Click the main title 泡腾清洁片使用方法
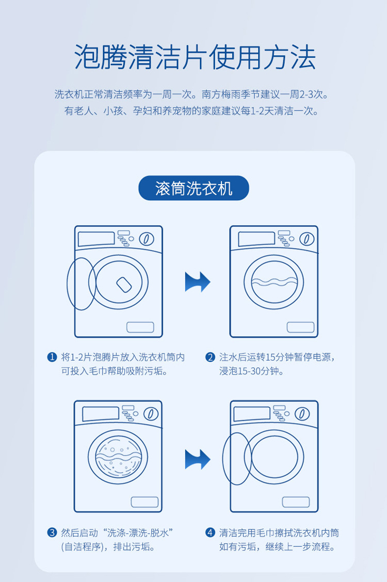point(195,57)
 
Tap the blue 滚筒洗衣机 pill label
point(193,188)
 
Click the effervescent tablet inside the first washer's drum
point(124,284)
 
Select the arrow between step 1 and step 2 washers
point(198,282)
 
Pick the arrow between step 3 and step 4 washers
point(198,459)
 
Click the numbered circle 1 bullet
point(52,357)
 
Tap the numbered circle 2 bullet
point(210,357)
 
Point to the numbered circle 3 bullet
point(52,532)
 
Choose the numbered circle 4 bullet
point(210,532)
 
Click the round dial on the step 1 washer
point(147,239)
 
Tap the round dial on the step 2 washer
point(307,239)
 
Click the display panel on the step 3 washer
point(100,414)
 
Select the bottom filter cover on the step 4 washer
point(296,502)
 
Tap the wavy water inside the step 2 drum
point(274,283)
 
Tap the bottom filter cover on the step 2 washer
point(300,327)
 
